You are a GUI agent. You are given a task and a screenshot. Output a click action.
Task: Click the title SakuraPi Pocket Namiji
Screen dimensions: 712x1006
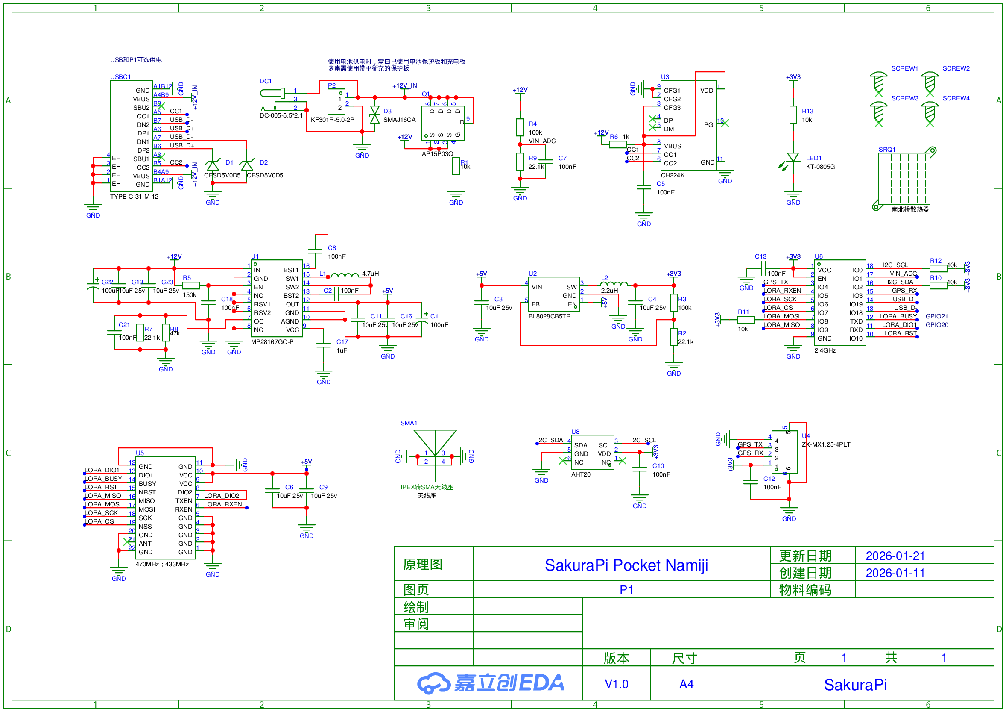coord(626,565)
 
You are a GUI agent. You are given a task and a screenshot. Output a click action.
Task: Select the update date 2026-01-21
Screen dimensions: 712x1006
coord(895,556)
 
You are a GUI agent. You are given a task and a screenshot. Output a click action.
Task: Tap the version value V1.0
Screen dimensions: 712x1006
coord(616,684)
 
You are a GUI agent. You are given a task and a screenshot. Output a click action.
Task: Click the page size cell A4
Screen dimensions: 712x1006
coord(686,684)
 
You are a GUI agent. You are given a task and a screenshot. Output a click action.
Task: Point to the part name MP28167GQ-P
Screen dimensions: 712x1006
coord(272,342)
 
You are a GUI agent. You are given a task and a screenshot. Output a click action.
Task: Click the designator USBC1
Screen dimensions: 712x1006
coord(120,77)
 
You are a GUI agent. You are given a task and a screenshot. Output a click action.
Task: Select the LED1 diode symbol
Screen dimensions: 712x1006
coord(793,158)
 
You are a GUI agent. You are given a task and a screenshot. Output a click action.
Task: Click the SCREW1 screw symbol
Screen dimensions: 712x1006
coord(878,82)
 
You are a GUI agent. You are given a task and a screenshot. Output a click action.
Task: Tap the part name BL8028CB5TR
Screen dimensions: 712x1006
coord(550,316)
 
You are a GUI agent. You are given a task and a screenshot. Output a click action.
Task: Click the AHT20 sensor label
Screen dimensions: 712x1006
coord(581,474)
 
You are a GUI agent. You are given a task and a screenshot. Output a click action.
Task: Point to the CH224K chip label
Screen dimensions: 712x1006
coord(673,175)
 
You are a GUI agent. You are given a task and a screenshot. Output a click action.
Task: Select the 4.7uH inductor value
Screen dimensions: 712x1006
coord(370,274)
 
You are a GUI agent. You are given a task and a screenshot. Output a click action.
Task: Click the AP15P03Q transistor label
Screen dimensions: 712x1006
coord(437,154)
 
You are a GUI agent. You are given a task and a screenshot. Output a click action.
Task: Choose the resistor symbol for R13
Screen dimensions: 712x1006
coord(793,115)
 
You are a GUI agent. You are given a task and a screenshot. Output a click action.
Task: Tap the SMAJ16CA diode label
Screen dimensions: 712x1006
coord(399,120)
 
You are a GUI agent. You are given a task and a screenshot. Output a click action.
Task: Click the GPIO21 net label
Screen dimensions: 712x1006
coord(936,316)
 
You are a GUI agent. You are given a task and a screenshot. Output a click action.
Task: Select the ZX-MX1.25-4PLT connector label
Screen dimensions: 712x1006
coord(826,444)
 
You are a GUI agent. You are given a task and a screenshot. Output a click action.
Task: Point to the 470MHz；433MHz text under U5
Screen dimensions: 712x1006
coord(162,564)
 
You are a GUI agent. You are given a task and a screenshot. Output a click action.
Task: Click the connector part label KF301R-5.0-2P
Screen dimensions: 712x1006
coord(332,120)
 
